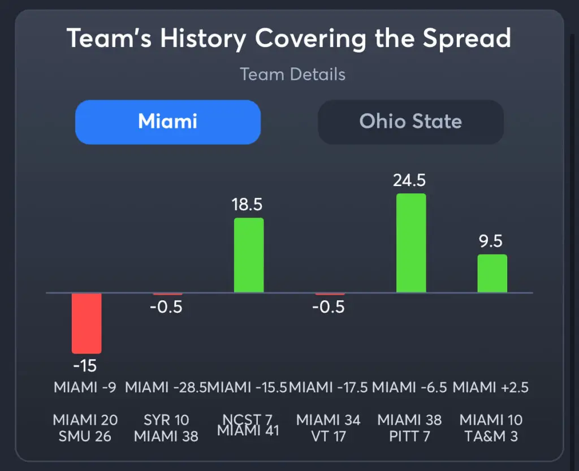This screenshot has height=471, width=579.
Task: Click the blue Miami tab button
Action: click(x=167, y=122)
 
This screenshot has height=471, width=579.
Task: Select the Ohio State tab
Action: click(x=411, y=122)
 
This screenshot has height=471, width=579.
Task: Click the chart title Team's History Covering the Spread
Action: click(x=289, y=39)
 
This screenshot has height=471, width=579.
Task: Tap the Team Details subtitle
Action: click(x=292, y=74)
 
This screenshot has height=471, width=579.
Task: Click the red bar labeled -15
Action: click(x=87, y=323)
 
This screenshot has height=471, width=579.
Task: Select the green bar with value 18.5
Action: click(x=249, y=255)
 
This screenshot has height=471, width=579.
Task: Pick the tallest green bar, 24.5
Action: click(x=411, y=243)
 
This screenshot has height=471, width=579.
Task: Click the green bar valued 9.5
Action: click(x=492, y=274)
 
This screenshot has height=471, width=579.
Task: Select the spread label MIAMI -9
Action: click(x=85, y=388)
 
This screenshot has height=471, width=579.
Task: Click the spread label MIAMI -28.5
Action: click(x=166, y=388)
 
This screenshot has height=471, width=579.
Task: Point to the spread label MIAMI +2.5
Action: click(x=491, y=388)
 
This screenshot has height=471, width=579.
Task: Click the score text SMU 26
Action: click(x=85, y=437)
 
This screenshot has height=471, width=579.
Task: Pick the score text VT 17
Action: click(x=329, y=437)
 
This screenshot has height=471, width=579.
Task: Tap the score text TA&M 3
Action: click(x=491, y=437)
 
